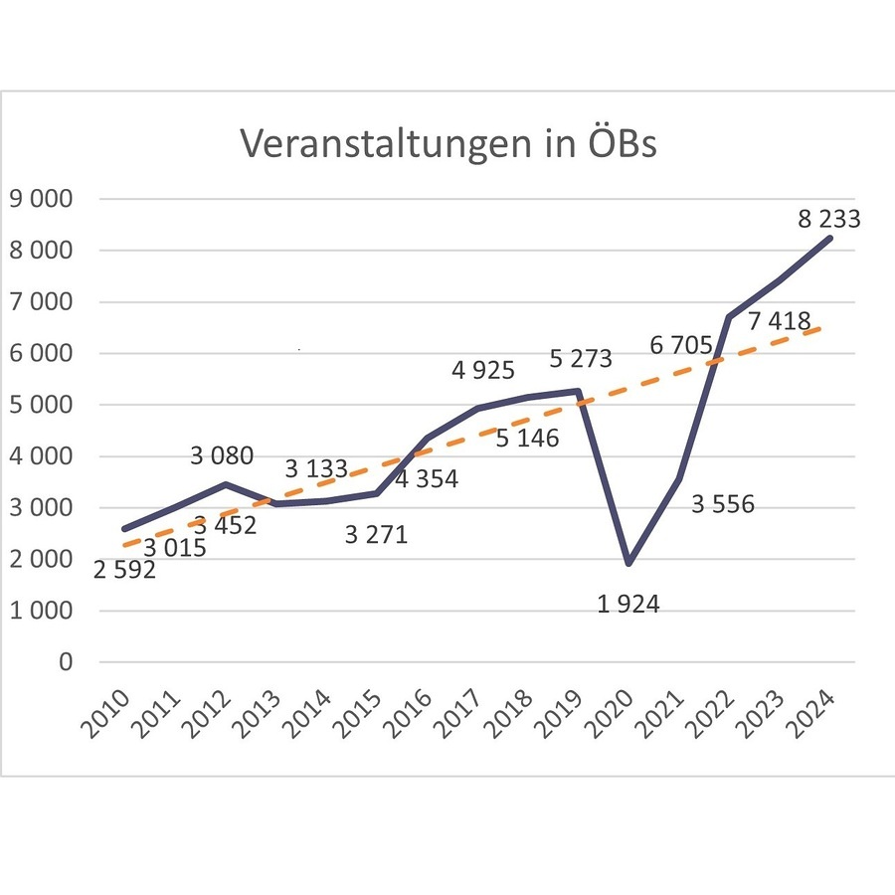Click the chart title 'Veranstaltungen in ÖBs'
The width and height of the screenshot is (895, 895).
pyautogui.click(x=448, y=143)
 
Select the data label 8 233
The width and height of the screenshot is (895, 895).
pyautogui.click(x=828, y=220)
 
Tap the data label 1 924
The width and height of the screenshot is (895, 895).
pyautogui.click(x=628, y=604)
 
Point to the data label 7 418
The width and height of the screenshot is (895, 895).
pyautogui.click(x=779, y=321)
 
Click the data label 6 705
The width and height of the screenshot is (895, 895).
pyautogui.click(x=680, y=346)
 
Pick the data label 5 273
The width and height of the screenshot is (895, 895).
pyautogui.click(x=581, y=358)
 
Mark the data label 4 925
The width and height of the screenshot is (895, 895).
pyautogui.click(x=483, y=371)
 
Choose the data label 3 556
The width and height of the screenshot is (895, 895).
pyautogui.click(x=723, y=504)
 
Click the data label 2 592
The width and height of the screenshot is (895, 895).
pyautogui.click(x=124, y=571)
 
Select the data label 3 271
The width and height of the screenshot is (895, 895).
pyautogui.click(x=376, y=535)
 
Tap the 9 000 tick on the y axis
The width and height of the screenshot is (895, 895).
pyautogui.click(x=41, y=199)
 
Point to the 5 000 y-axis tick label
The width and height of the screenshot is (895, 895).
pyautogui.click(x=41, y=405)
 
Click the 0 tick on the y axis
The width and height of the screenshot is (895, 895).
pyautogui.click(x=66, y=662)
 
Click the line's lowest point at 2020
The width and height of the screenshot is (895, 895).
pyautogui.click(x=628, y=563)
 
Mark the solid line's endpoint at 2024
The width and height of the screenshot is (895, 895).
pyautogui.click(x=830, y=238)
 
